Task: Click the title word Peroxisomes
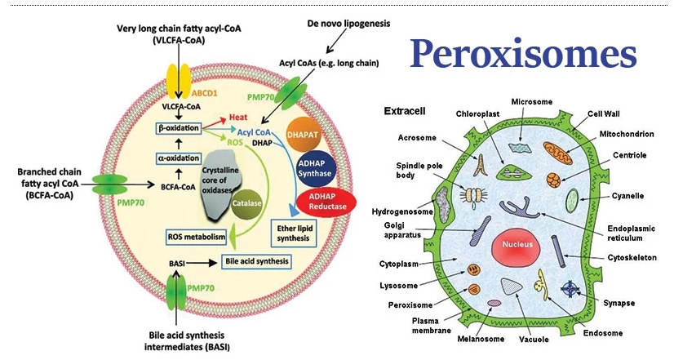pyautogui.click(x=523, y=55)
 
